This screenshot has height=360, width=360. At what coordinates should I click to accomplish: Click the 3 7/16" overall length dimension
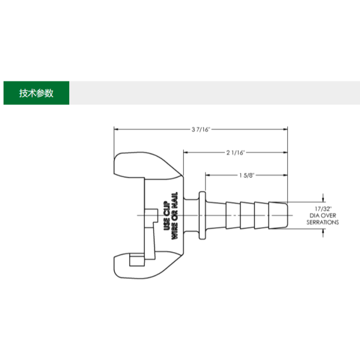pos(201,129)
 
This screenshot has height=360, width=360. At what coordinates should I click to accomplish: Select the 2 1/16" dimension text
pos(235,153)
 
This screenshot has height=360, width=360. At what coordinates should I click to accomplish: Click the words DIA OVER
pos(323,216)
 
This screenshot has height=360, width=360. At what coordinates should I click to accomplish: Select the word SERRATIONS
pos(323,222)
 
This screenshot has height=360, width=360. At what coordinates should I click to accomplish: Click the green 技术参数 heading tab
pos(36,93)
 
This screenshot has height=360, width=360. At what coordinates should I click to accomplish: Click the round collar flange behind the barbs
pos(201,215)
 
